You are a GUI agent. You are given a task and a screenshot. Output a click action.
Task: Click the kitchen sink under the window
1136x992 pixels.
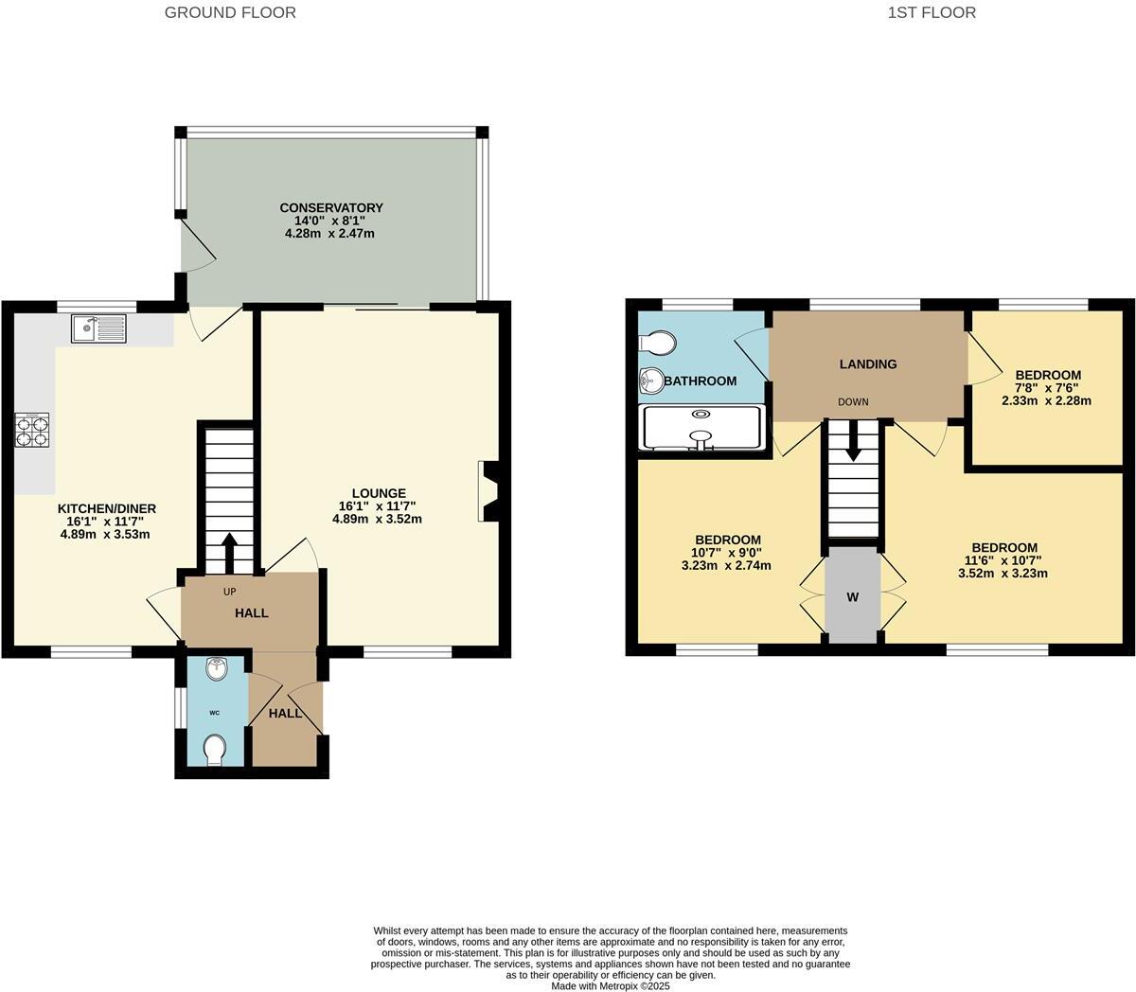pyautogui.click(x=98, y=328)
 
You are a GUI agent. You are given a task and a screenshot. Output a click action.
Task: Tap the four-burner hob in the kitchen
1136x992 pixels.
pyautogui.click(x=31, y=431)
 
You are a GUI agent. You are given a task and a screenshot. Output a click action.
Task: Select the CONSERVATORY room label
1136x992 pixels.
pyautogui.click(x=330, y=208)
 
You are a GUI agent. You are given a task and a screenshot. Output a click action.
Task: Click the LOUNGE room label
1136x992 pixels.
pyautogui.click(x=379, y=493)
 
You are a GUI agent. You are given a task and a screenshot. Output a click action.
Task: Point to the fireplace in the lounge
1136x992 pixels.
pyautogui.click(x=489, y=491)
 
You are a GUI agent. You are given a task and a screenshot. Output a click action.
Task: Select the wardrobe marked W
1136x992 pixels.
pyautogui.click(x=853, y=597)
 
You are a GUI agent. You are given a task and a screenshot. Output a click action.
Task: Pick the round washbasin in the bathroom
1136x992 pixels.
pyautogui.click(x=652, y=381)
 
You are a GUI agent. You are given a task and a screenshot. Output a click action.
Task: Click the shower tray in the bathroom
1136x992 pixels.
pyautogui.click(x=701, y=427)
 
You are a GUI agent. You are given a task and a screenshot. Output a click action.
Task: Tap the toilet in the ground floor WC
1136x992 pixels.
pyautogui.click(x=215, y=751)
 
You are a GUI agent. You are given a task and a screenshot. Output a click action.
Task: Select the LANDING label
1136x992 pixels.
pyautogui.click(x=868, y=363)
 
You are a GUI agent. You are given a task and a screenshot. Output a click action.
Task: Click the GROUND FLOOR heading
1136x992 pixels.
pyautogui.click(x=230, y=12)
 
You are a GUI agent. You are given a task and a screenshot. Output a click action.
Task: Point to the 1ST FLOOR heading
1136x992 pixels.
pyautogui.click(x=932, y=12)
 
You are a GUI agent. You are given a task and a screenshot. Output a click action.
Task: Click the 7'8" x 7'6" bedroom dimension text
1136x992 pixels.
pyautogui.click(x=1046, y=388)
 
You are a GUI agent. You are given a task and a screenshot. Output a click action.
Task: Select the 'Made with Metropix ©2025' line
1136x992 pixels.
pyautogui.click(x=611, y=985)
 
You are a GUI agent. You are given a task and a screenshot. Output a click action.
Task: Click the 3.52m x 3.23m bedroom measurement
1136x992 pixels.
pyautogui.click(x=1003, y=573)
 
